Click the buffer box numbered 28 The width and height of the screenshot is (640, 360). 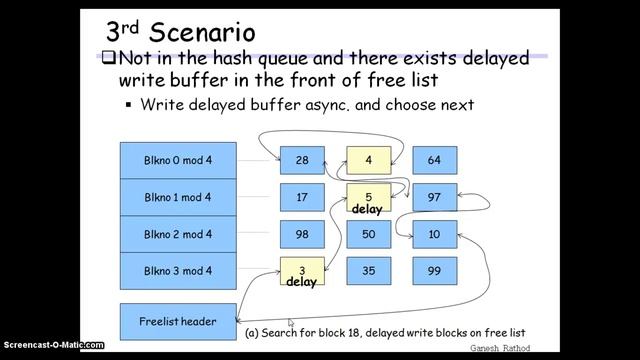click(302, 160)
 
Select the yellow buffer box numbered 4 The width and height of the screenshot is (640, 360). click(368, 160)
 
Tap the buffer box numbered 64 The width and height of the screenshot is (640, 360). click(434, 160)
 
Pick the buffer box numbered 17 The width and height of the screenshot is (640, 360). click(302, 198)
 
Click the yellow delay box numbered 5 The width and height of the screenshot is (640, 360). click(368, 199)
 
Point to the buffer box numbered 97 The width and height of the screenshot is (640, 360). click(434, 198)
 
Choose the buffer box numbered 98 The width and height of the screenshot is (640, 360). click(302, 234)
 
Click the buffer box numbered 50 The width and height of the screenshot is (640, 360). click(368, 234)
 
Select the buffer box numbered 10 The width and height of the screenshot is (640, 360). click(434, 234)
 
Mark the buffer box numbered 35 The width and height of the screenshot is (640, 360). click(368, 271)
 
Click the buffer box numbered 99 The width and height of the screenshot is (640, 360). click(434, 271)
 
